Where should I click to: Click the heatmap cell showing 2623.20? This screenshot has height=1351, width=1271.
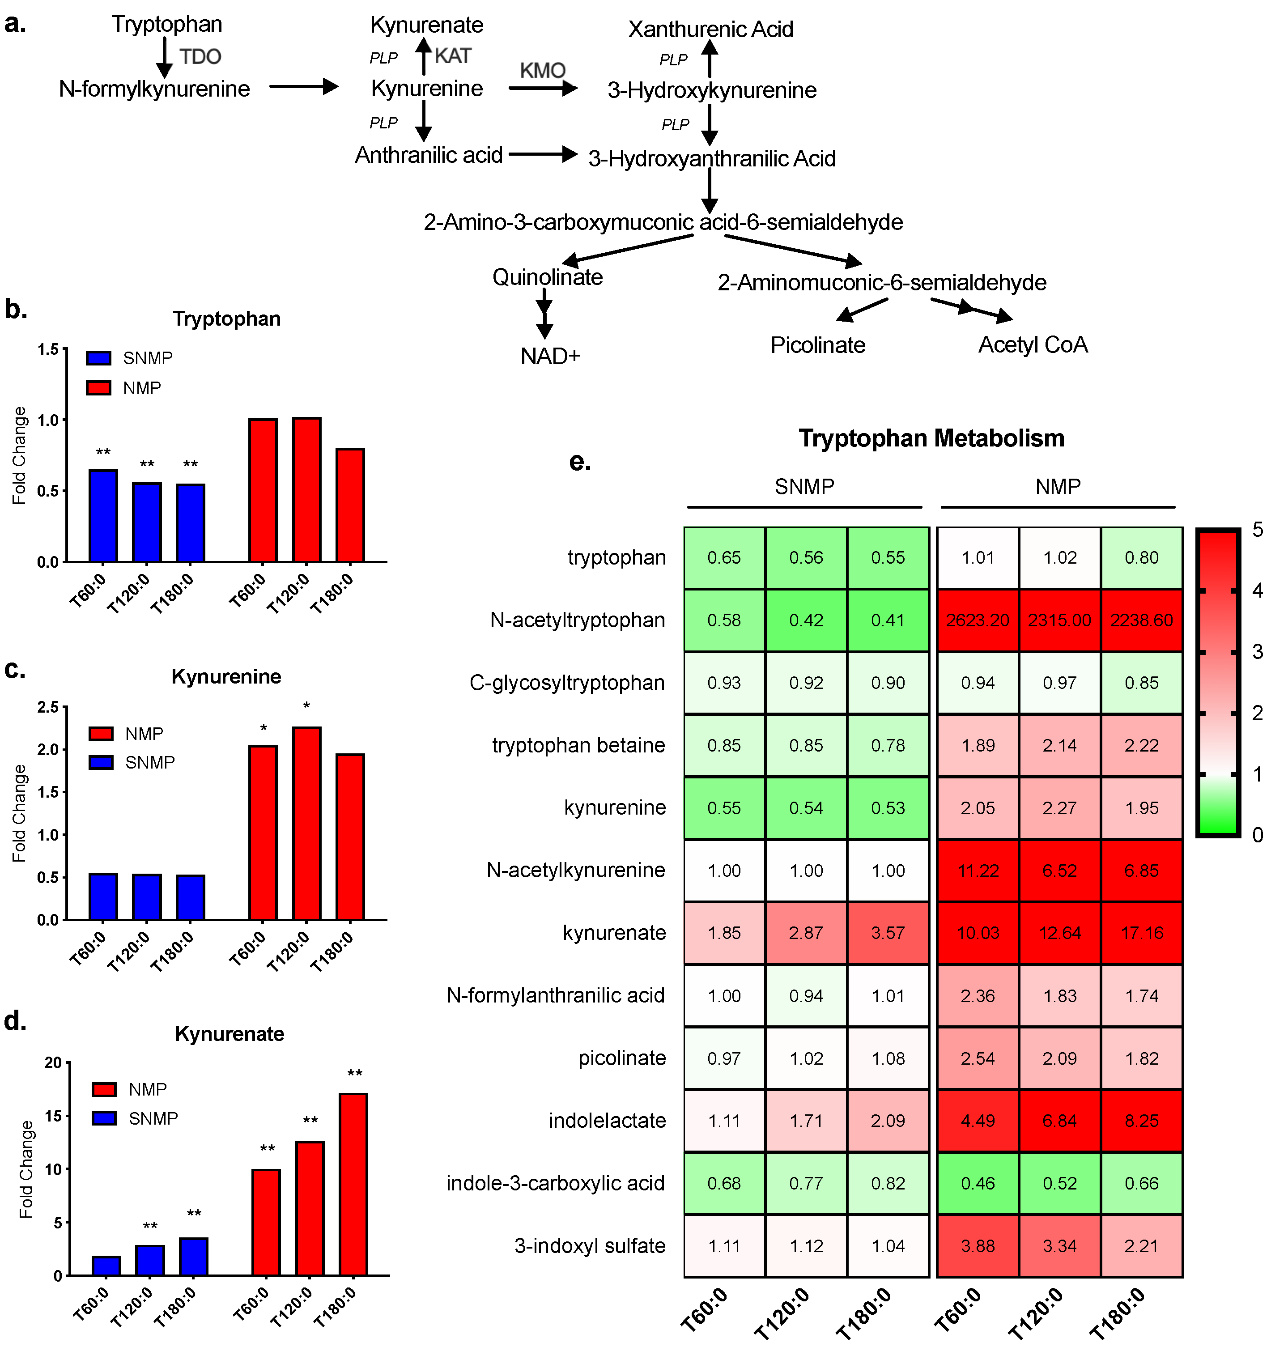pos(978,620)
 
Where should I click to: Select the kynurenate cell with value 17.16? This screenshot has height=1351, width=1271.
pos(1142,933)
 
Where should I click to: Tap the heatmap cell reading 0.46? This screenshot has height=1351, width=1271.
pos(978,1183)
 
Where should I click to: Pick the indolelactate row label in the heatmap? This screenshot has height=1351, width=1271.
pos(607,1121)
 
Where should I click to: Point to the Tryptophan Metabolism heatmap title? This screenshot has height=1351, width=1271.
pos(931,438)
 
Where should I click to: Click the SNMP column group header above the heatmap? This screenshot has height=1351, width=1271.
pos(804,487)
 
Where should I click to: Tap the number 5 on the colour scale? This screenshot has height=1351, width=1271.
pos(1258,530)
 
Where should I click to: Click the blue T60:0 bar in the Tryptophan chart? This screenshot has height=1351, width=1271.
pos(103,516)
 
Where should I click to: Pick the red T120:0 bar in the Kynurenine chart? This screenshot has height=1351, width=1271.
pos(306,823)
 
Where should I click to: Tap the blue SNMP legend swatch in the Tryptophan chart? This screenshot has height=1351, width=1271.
pos(98,358)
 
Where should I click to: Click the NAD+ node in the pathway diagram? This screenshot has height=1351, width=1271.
pos(550,356)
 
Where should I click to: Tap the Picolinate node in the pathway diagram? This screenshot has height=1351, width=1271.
pos(818,345)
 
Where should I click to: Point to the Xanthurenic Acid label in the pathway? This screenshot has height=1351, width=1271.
pos(710,29)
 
